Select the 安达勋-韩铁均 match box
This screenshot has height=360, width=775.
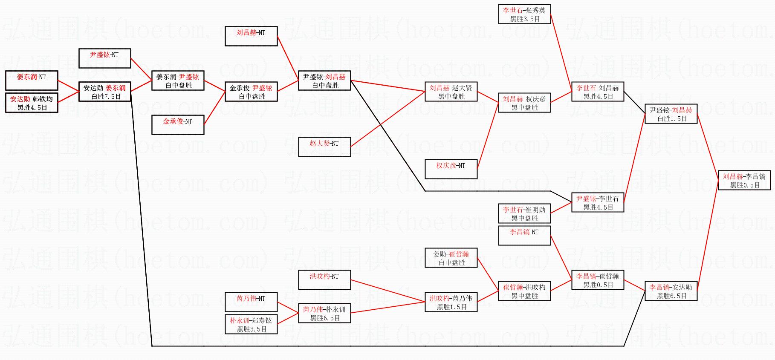point(32,103)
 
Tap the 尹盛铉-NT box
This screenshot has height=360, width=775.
point(105,58)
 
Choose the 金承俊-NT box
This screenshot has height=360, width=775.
point(178,125)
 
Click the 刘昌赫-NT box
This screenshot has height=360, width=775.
point(251,36)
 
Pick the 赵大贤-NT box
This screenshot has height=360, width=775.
point(324,147)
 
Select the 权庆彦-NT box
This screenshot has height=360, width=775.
point(451,169)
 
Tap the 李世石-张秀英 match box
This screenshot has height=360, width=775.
point(524,14)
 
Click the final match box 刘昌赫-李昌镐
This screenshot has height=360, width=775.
point(744,180)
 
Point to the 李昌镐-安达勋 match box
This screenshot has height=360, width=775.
point(671,291)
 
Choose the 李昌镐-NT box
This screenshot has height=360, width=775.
point(524,236)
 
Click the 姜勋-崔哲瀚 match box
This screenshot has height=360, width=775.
point(451,258)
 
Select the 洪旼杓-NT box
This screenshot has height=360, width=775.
point(324,280)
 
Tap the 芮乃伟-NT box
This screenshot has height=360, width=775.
point(251,302)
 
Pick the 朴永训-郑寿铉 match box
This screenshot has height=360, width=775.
point(251,324)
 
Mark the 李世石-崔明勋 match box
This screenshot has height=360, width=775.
point(524,213)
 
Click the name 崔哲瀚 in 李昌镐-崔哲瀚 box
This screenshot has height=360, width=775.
point(609,276)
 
